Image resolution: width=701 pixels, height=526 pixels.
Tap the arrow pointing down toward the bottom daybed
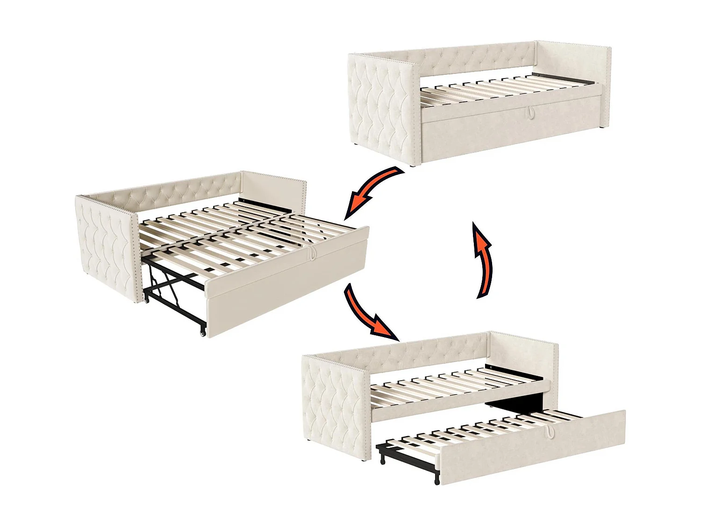point(369,313)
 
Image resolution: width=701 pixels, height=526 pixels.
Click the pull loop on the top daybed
point(531,112)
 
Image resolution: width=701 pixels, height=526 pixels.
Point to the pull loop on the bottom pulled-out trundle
point(550,430)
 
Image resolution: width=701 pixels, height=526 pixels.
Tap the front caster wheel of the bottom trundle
point(437,481)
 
